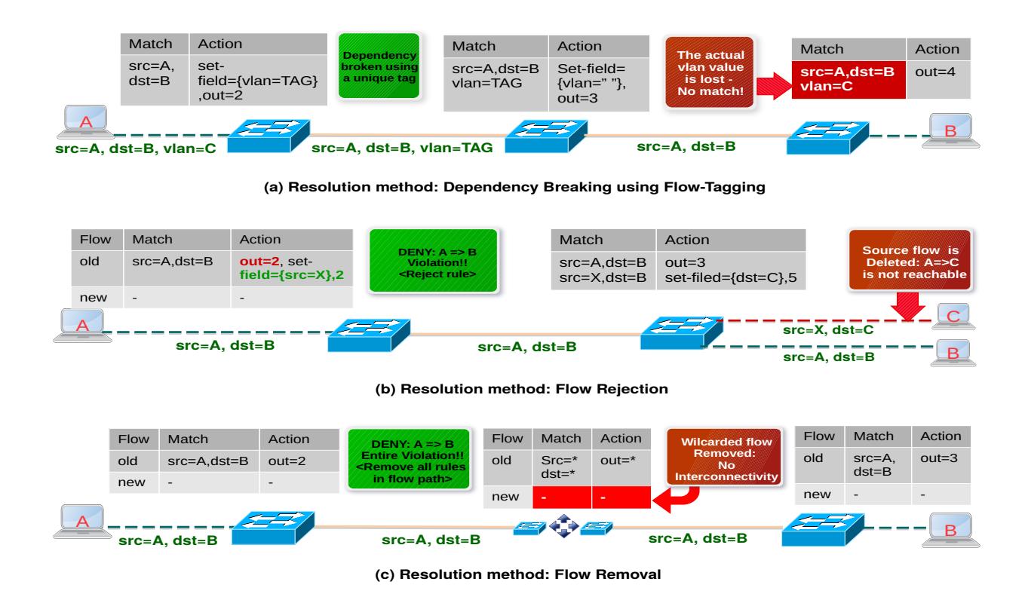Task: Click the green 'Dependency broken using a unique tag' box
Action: pos(380,66)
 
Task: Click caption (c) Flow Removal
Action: pos(512,575)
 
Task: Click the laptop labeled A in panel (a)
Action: pos(81,126)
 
